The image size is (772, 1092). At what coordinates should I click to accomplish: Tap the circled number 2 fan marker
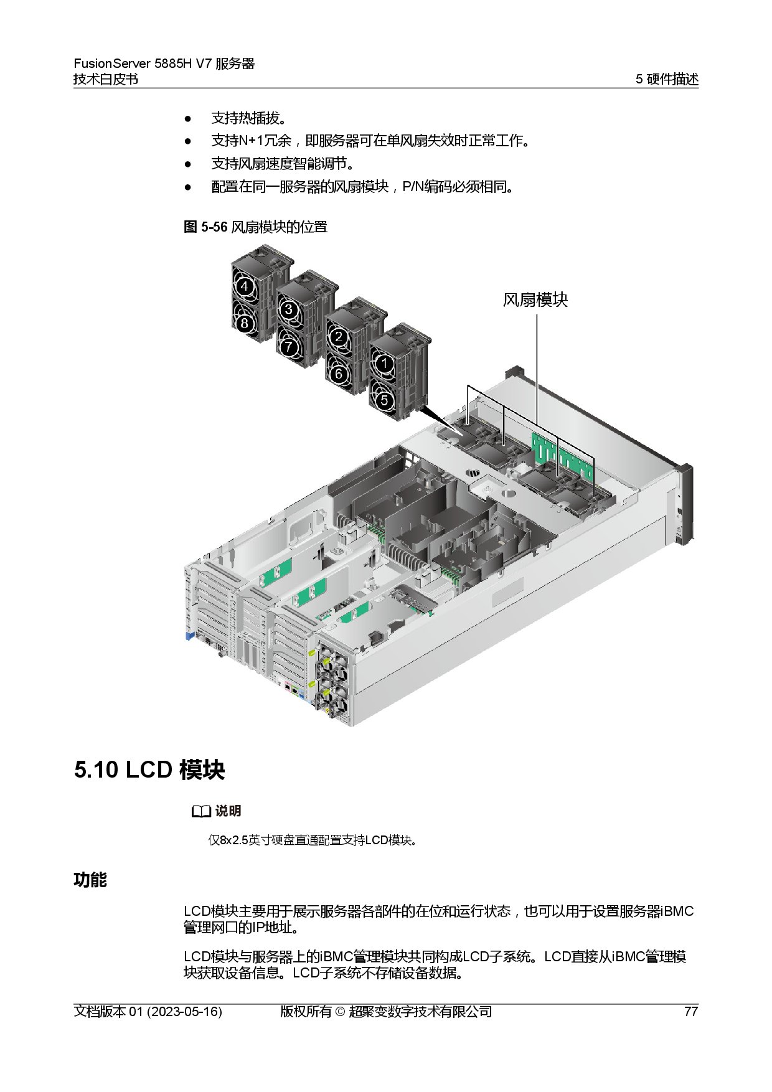[338, 337]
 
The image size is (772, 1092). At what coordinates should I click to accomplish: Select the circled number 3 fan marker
[288, 309]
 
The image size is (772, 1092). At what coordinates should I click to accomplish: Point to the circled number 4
[245, 287]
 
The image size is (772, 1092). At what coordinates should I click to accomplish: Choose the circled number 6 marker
[338, 374]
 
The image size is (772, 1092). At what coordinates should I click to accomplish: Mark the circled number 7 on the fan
[288, 347]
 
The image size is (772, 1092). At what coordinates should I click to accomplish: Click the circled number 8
[245, 323]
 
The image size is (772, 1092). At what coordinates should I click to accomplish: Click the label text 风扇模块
[535, 300]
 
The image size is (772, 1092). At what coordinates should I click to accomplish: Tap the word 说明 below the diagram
[228, 811]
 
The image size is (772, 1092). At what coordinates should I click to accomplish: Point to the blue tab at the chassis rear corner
[187, 637]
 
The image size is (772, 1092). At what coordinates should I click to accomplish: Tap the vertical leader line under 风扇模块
[537, 367]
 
